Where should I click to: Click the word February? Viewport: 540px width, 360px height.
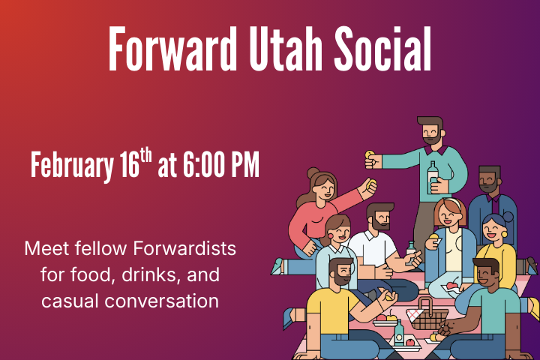pos(70,165)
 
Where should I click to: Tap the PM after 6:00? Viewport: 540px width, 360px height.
pos(243,165)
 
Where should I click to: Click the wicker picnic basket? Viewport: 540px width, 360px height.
pos(430,318)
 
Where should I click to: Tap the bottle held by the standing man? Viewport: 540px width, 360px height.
pos(433,177)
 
